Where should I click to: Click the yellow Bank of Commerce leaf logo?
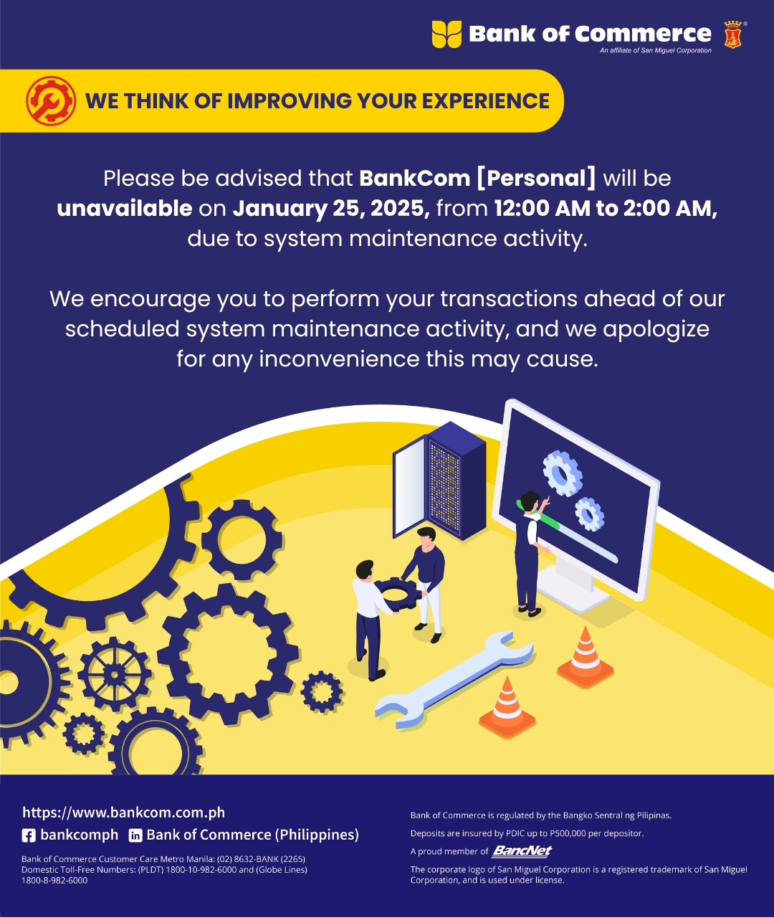click(x=446, y=34)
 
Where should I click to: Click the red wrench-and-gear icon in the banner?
click(x=51, y=100)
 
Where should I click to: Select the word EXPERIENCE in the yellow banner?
click(x=486, y=100)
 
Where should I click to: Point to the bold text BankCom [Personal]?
click(x=477, y=178)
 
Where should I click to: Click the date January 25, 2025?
click(x=331, y=209)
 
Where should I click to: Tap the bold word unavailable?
click(x=124, y=208)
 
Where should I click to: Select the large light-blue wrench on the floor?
click(x=454, y=679)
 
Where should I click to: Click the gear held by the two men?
click(x=397, y=594)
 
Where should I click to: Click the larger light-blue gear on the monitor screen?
click(x=563, y=473)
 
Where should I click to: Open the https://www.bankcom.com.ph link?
click(x=123, y=813)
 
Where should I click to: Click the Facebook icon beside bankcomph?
click(x=29, y=836)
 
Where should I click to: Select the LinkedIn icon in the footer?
click(x=135, y=836)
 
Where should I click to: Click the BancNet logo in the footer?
click(x=522, y=851)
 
